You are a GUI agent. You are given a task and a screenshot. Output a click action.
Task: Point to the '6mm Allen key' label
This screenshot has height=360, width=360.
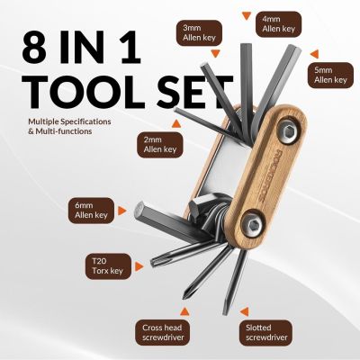click(90, 210)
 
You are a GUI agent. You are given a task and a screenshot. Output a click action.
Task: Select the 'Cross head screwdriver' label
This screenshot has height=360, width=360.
click(164, 334)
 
